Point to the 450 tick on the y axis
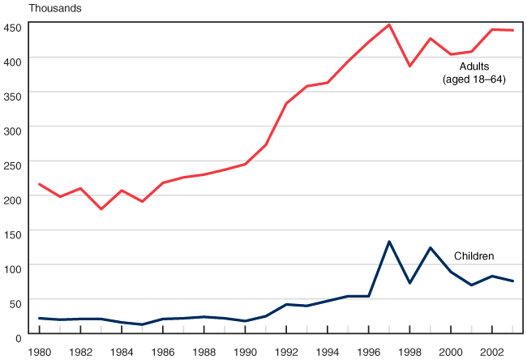pyautogui.click(x=12, y=27)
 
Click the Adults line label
pyautogui.click(x=474, y=66)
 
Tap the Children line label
pyautogui.click(x=473, y=256)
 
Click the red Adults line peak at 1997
pyautogui.click(x=389, y=25)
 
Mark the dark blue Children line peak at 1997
pyautogui.click(x=389, y=242)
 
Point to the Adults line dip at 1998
pyautogui.click(x=409, y=66)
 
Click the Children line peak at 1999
pyautogui.click(x=431, y=247)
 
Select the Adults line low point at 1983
pyautogui.click(x=101, y=209)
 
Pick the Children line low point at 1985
pyautogui.click(x=142, y=324)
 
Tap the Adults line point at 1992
pyautogui.click(x=286, y=103)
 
